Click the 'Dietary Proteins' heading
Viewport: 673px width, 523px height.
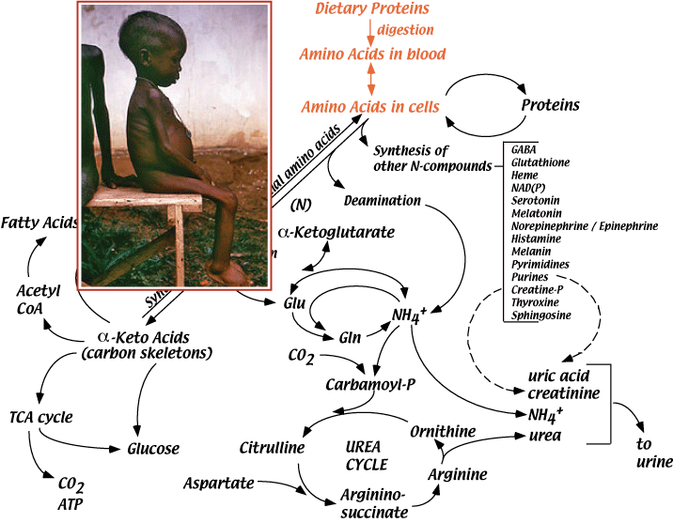[373, 9]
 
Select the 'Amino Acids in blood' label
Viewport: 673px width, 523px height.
[373, 54]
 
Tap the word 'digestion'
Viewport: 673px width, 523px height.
[405, 31]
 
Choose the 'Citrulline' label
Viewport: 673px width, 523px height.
[272, 447]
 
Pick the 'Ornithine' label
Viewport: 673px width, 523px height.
[442, 429]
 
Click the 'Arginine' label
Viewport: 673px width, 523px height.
[458, 474]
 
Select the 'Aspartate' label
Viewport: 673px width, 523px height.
[219, 482]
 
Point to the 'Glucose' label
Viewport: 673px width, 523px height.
[153, 449]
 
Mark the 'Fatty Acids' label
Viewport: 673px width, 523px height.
[39, 223]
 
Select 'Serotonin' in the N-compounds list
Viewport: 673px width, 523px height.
[533, 200]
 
